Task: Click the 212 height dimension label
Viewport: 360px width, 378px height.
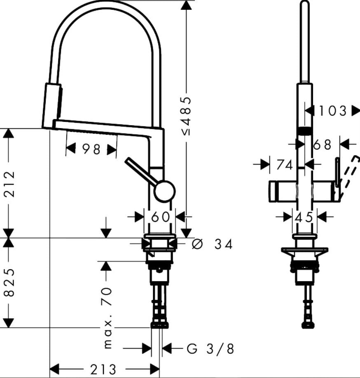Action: coord(10,184)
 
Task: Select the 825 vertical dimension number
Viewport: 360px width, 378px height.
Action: coord(10,282)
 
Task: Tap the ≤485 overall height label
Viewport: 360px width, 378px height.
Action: coord(186,116)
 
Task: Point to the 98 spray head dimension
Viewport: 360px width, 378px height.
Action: coord(91,149)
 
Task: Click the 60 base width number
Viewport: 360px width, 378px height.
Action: coord(160,217)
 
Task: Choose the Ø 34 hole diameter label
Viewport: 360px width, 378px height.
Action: coord(212,244)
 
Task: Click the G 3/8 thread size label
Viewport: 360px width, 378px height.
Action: coord(210,349)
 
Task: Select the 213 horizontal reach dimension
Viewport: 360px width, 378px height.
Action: coord(103,369)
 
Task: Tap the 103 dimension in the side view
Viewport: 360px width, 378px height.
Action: coord(333,111)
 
